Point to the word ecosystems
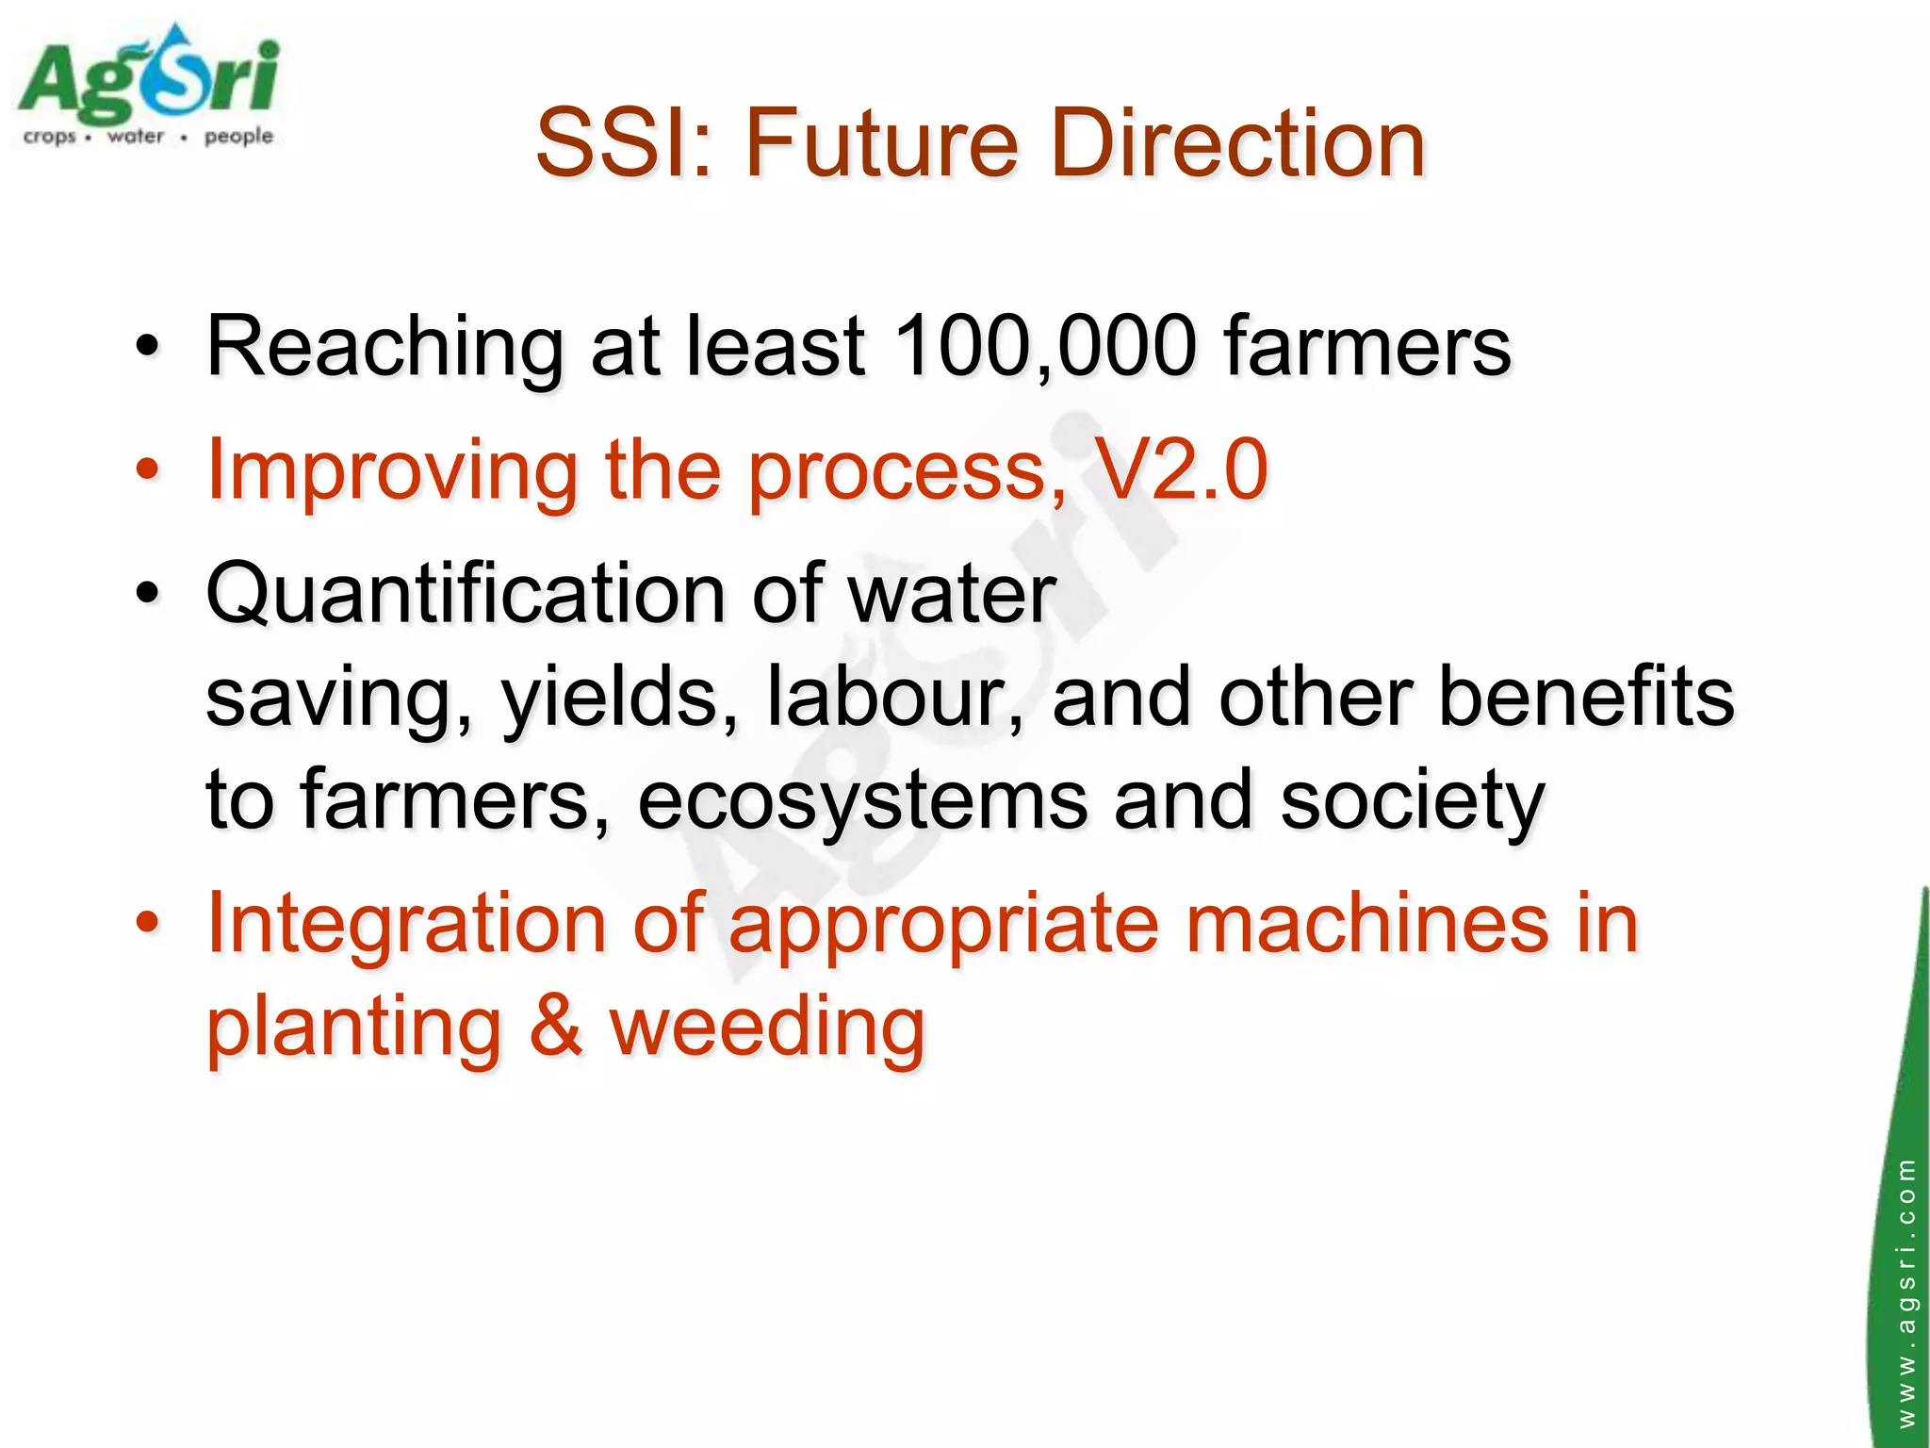863,801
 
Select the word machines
1366,924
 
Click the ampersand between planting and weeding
555,1028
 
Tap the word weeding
767,1028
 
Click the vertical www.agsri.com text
1905,1292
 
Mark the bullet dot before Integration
147,923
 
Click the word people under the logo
238,137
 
